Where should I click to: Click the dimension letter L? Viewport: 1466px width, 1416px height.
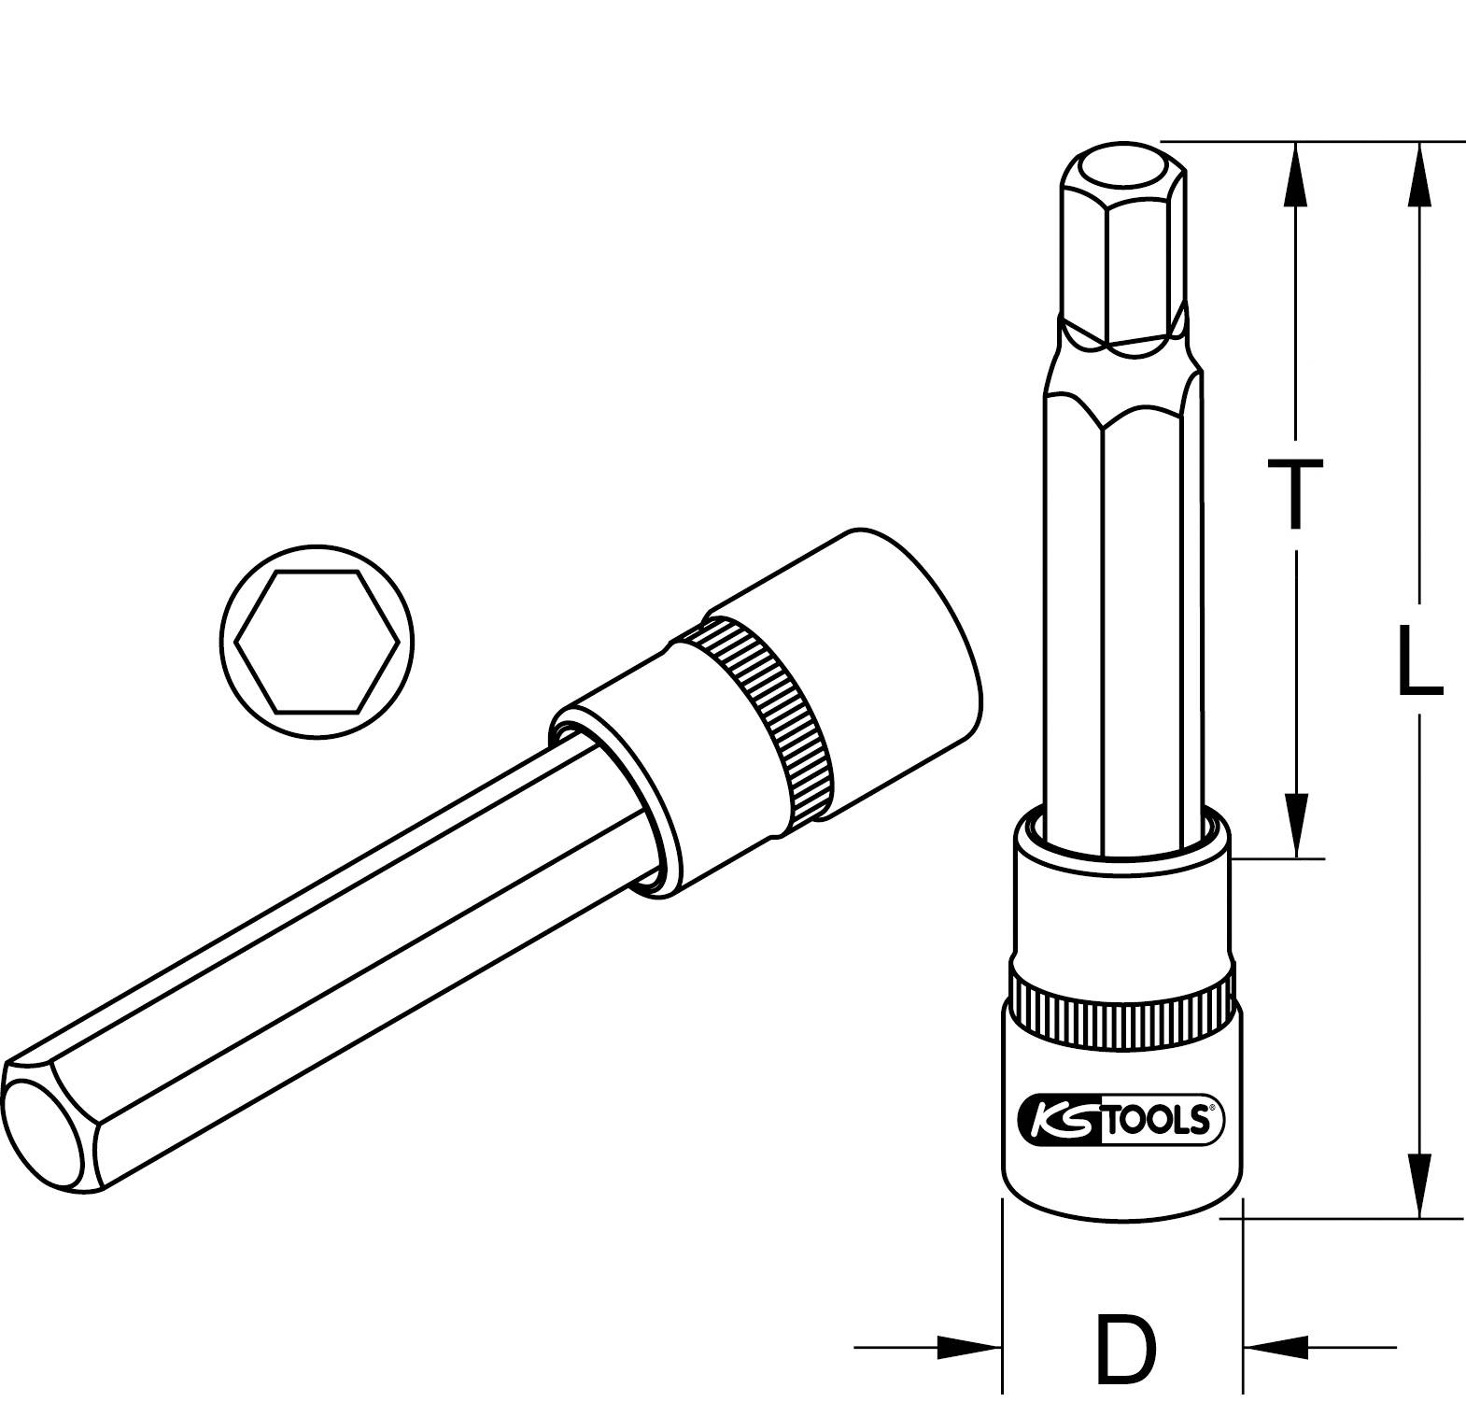[1418, 661]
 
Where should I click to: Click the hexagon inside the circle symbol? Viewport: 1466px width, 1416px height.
[317, 641]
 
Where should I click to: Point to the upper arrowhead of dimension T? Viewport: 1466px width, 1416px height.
[1295, 173]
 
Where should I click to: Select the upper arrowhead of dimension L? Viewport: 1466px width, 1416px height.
[1419, 173]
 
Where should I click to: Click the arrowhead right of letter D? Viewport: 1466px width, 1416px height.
[1276, 1347]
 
